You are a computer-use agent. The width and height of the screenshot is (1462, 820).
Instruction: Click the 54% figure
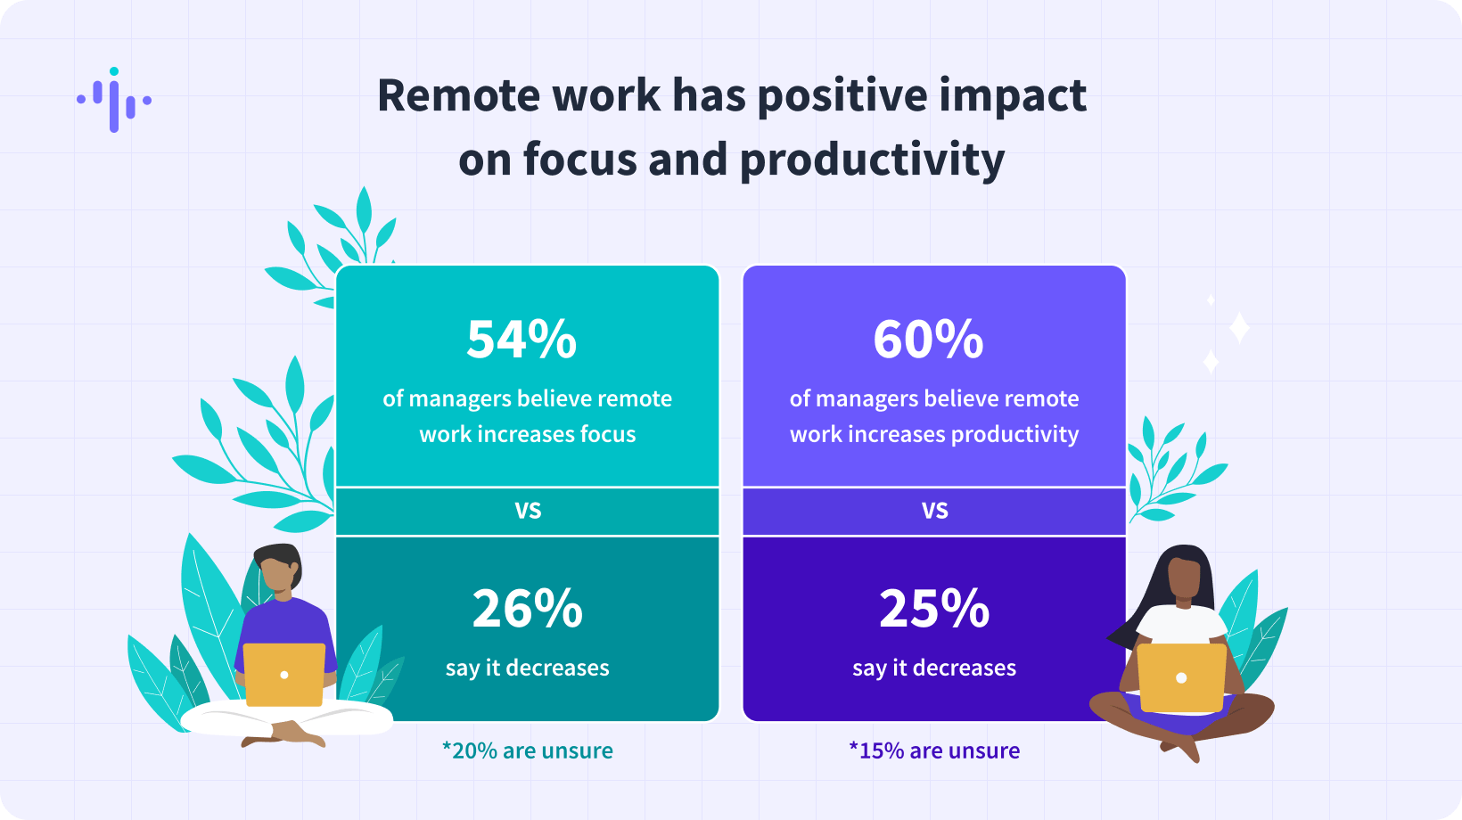tap(522, 340)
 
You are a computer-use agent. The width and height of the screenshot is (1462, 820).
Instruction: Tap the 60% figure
tap(928, 340)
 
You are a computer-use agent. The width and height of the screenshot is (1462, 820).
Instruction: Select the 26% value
tap(528, 609)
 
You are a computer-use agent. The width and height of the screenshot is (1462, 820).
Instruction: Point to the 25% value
tap(934, 609)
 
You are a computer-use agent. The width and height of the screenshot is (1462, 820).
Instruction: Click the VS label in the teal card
tap(528, 510)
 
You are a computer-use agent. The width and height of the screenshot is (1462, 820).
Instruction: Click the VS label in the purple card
tap(934, 510)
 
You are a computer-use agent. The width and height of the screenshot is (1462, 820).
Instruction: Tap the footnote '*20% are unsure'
tap(528, 750)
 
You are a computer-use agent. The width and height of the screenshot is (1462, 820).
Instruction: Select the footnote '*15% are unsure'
tap(934, 750)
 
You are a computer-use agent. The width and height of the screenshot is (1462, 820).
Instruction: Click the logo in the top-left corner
tap(114, 100)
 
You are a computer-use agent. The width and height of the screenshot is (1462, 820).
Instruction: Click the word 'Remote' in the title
tap(459, 95)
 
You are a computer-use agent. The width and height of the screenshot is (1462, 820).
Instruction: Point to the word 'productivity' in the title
tap(873, 160)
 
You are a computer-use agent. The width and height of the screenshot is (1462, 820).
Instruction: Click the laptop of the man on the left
tap(283, 675)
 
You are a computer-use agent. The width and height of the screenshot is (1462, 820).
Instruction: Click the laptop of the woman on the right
tap(1181, 677)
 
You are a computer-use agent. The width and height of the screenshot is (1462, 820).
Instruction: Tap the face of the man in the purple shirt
tap(276, 575)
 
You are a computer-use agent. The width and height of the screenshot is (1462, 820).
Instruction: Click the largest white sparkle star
tap(1239, 327)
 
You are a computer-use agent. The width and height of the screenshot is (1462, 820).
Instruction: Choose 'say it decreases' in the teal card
tap(528, 668)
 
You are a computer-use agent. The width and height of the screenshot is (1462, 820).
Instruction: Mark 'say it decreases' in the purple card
tap(934, 668)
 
